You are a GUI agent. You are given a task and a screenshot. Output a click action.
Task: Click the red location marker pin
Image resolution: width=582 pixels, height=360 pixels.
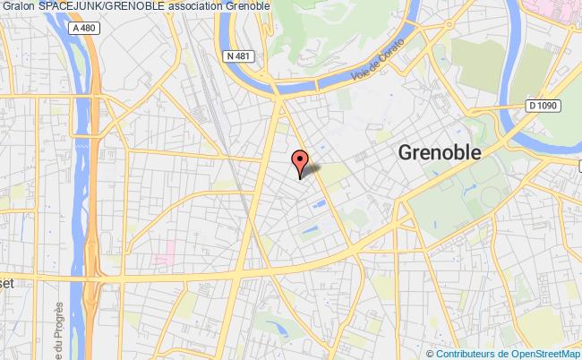pos(299,159)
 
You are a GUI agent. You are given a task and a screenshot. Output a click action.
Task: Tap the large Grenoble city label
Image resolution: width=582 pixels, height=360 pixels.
pos(439,152)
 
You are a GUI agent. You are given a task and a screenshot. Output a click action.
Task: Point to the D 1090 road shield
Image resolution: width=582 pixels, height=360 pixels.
pos(542,106)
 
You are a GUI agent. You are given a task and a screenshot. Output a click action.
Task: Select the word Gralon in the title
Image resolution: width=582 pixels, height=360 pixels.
pos(18,8)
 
